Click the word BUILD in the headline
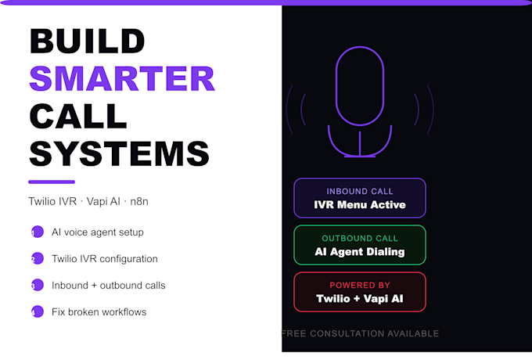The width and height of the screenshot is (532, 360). (x=88, y=41)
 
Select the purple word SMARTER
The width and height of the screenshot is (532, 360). (x=122, y=78)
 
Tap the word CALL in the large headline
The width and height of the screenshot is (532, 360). (x=78, y=116)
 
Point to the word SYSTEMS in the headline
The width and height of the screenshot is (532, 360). (x=119, y=153)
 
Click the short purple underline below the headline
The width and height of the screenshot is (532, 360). (x=52, y=182)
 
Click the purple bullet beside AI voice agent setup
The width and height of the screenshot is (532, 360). (x=36, y=232)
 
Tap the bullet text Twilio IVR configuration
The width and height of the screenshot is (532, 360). (x=105, y=259)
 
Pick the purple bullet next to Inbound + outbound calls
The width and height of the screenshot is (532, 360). (x=36, y=286)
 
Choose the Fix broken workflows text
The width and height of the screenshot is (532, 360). (x=99, y=311)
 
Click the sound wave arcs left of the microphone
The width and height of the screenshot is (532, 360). (x=294, y=106)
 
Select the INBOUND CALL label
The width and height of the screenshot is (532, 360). (x=360, y=191)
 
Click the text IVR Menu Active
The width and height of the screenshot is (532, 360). (x=360, y=205)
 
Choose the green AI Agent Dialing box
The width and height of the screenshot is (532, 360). (x=360, y=245)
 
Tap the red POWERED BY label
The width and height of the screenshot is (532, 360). (x=360, y=285)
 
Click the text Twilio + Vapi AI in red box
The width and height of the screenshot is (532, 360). (x=360, y=299)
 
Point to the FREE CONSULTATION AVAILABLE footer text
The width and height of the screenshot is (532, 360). (x=360, y=333)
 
